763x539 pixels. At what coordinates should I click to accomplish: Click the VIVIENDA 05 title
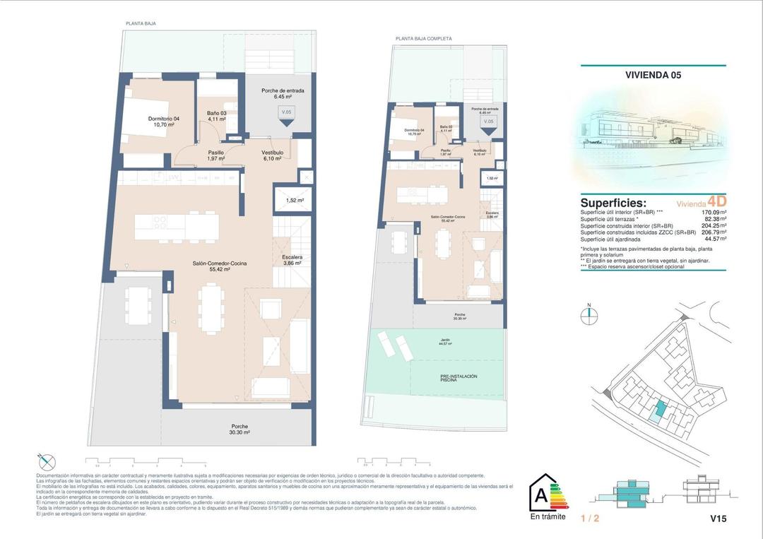pos(653,74)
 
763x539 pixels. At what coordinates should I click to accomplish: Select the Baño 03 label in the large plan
pos(216,116)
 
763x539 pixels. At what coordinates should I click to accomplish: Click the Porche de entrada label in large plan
pos(283,93)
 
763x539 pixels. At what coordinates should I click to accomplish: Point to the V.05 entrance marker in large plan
pos(286,114)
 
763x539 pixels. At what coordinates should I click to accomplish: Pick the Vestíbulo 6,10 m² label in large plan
pos(272,155)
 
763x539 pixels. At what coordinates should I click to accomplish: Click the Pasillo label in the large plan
pos(215,155)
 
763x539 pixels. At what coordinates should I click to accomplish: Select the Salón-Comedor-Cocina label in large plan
pos(219,266)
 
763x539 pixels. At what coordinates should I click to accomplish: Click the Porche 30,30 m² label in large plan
pos(240,429)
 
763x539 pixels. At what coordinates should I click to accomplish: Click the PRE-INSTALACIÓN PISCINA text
pos(459,378)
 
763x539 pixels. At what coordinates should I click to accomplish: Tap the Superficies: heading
pos(613,203)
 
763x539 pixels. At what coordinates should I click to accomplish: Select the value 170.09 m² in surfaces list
pos(709,211)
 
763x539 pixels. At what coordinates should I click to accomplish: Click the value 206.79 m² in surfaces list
pos(709,232)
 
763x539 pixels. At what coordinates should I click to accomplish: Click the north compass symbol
pos(589,315)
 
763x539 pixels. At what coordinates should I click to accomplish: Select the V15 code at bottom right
pos(718,519)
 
